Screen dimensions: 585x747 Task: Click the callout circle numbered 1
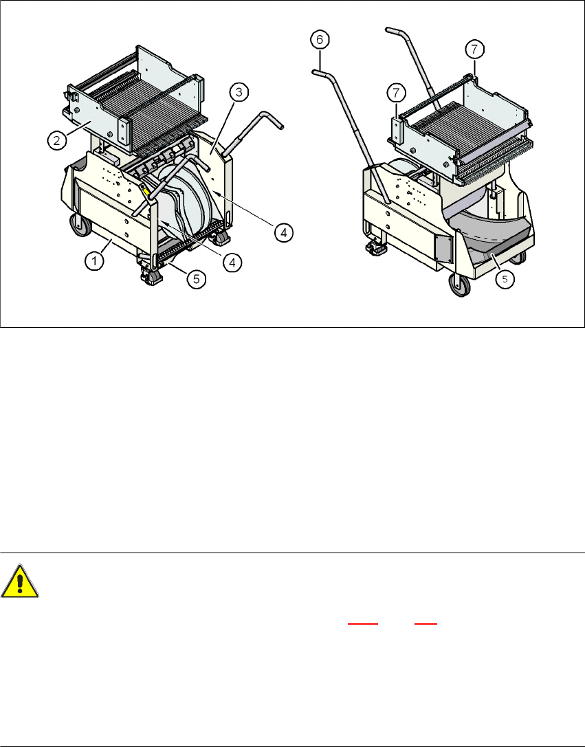(95, 261)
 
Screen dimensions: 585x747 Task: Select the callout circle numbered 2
(56, 140)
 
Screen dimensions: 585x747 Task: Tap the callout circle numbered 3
(239, 92)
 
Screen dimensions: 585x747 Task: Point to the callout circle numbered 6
(320, 40)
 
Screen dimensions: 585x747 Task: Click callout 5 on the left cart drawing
(197, 279)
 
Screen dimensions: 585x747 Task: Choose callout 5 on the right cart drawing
(505, 280)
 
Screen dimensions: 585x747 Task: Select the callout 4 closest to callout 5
(232, 262)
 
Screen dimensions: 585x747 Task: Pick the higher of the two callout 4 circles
(283, 232)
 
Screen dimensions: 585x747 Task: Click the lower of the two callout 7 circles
(397, 93)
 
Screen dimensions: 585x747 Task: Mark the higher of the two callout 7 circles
(475, 49)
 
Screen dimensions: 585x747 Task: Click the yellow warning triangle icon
(19, 581)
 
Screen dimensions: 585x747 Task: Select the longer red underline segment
(363, 623)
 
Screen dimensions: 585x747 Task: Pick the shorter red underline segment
(426, 623)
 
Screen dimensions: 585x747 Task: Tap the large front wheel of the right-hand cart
(460, 285)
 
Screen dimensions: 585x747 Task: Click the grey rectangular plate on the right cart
(443, 247)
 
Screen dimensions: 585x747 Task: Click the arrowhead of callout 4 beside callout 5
(162, 222)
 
